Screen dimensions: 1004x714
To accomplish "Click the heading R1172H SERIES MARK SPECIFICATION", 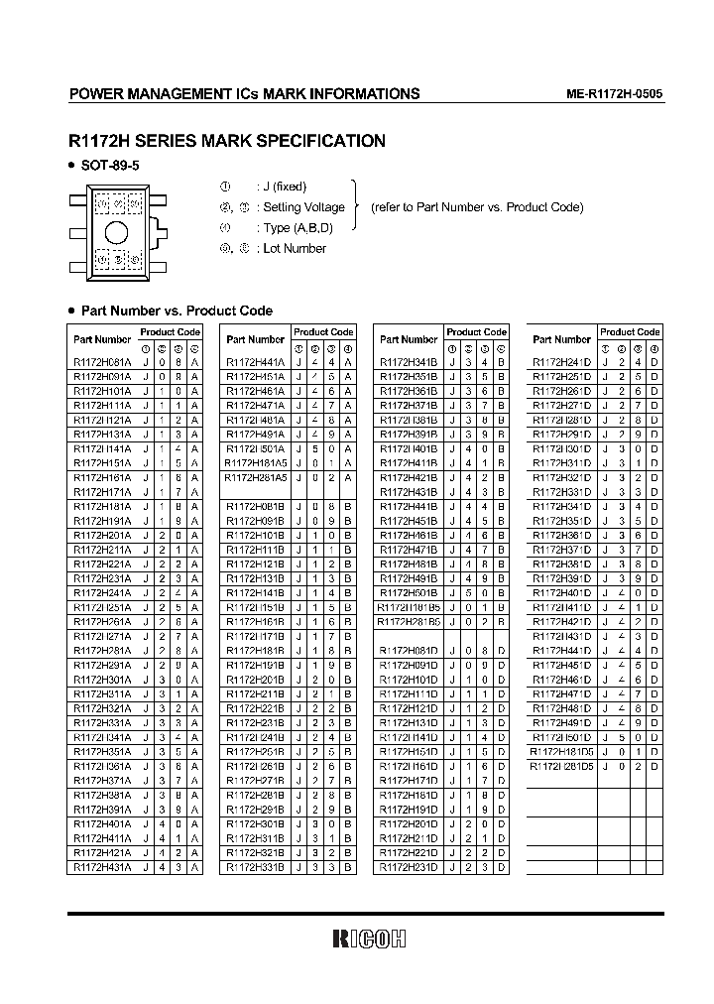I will tap(226, 141).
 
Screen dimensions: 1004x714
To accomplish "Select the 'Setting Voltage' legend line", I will tap(300, 207).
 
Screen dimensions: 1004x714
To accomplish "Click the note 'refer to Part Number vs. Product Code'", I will tap(477, 207).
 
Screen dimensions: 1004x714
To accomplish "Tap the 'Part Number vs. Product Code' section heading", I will tap(176, 311).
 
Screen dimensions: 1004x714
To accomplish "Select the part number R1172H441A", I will tap(254, 363).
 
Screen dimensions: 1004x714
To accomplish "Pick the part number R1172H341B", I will tap(408, 363).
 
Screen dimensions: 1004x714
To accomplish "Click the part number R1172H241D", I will tap(561, 363).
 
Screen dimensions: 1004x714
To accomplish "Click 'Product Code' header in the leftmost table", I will tap(170, 332).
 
